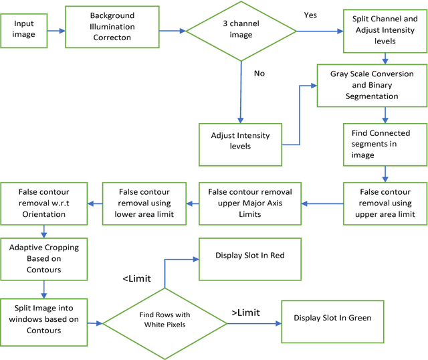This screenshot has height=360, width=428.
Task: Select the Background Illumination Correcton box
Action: coord(112,27)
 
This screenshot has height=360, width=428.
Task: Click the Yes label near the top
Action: coord(310,13)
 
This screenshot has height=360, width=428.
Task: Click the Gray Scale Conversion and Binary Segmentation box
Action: coord(372,85)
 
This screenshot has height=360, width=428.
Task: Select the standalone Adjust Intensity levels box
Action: coord(240,141)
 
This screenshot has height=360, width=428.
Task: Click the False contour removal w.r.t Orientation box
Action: coord(43,202)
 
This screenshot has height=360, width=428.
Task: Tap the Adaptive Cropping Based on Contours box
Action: coord(43,258)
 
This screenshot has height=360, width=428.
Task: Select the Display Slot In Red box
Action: coord(251,255)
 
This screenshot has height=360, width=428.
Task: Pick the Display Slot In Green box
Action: coord(332,319)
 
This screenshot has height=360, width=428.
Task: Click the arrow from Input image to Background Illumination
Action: coord(57,30)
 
